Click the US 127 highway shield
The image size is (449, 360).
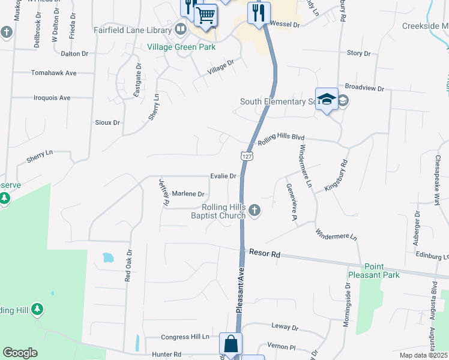point(247,155)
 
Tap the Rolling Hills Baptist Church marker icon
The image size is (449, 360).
point(255,210)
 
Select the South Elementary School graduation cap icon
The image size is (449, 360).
point(327,100)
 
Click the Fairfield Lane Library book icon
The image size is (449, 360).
point(181,29)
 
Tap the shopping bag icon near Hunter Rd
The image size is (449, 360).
point(231,344)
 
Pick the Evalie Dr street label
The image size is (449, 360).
point(223,176)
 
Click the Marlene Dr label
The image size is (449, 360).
point(188,194)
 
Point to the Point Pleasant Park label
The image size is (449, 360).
point(382,271)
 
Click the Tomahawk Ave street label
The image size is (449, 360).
point(54,73)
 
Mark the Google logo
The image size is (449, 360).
point(20,353)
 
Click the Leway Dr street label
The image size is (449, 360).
point(286,328)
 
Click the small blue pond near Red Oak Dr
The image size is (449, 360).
point(108,258)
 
